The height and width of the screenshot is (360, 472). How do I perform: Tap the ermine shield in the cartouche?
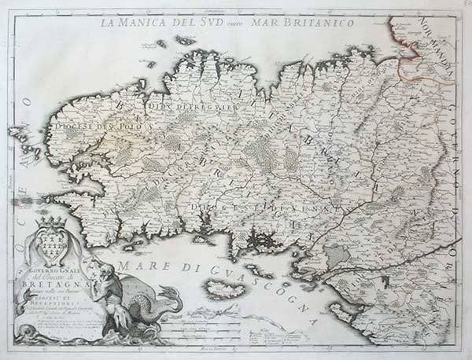point(55,247)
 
